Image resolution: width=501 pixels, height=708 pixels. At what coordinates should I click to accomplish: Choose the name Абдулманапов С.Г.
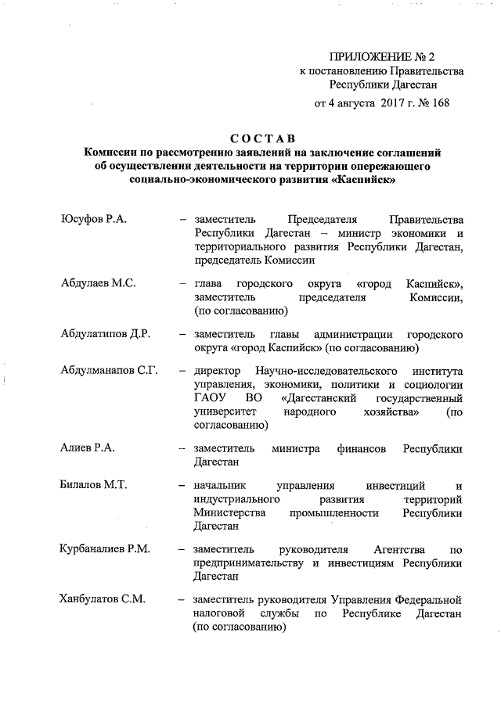pyautogui.click(x=110, y=370)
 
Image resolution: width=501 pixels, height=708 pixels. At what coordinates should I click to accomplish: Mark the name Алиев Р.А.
pyautogui.click(x=88, y=448)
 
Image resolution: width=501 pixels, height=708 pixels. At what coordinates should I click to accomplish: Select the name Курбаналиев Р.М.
pyautogui.click(x=105, y=550)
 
